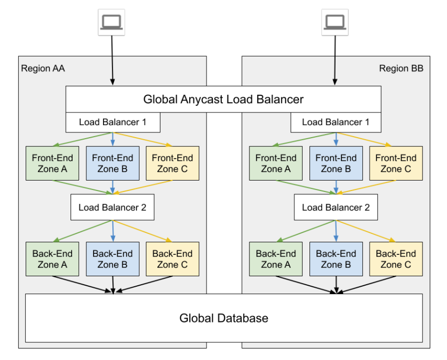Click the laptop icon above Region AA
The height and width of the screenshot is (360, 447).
coord(111,22)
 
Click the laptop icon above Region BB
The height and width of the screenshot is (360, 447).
coord(335,22)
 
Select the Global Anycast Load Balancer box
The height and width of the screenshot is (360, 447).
coord(223,99)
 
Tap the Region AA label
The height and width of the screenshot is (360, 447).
coord(43,69)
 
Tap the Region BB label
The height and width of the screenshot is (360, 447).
coord(401,69)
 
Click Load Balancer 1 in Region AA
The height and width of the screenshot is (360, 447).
coord(112,122)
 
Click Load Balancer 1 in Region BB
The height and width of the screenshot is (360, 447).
coord(336,122)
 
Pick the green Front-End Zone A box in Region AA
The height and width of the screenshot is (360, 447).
coord(52,163)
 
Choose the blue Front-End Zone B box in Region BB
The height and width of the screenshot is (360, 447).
coord(336,163)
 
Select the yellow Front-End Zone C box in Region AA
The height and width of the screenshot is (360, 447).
coord(172,163)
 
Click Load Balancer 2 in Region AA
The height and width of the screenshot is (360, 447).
coord(112,207)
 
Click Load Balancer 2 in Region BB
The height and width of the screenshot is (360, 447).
coord(336,207)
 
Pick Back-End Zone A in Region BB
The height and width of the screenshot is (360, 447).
coord(276,259)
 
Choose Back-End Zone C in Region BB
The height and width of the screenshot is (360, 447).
coord(396,259)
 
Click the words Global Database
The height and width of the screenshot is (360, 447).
coord(223,318)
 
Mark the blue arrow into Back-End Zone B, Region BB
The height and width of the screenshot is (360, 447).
coord(336,230)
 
